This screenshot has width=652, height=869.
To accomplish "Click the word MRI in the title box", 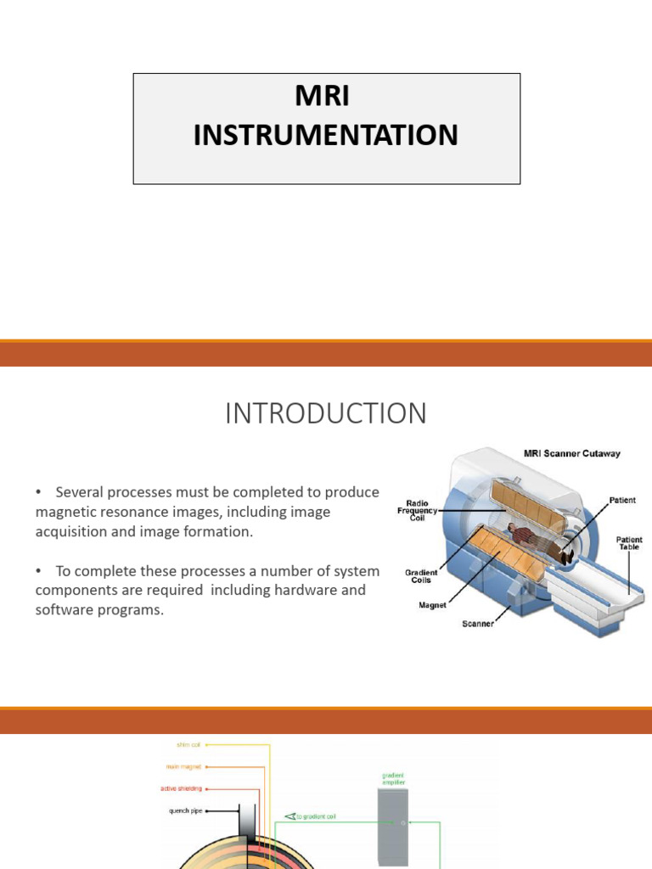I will click(x=322, y=97).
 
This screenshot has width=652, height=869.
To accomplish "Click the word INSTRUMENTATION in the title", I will click(x=325, y=135).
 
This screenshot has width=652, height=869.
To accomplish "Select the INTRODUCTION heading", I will click(x=325, y=413).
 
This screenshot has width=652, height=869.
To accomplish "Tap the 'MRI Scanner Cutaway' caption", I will click(x=571, y=453).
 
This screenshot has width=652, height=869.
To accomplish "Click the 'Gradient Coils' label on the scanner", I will click(x=421, y=577).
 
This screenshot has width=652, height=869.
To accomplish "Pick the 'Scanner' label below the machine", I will click(x=478, y=624).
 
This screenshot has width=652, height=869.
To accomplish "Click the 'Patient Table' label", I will click(x=629, y=544).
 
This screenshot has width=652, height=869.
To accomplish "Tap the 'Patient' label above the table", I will click(x=621, y=501).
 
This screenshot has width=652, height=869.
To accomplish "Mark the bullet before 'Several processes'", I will click(x=39, y=493).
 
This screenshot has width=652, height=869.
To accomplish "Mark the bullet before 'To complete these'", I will click(x=39, y=571).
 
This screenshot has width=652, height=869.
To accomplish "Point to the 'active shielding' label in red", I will click(x=181, y=788).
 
